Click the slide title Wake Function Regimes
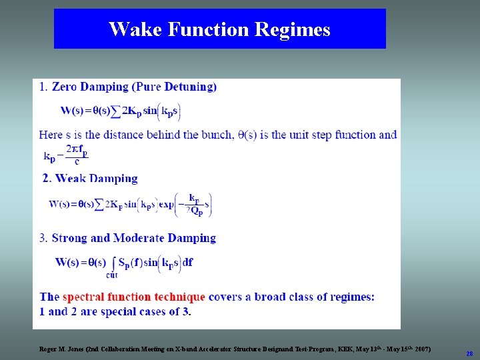(219, 29)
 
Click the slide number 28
(469, 353)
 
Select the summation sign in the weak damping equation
(99, 204)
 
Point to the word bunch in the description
(214, 135)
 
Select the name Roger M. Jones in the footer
(61, 349)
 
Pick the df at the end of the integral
(187, 262)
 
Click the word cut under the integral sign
(112, 274)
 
